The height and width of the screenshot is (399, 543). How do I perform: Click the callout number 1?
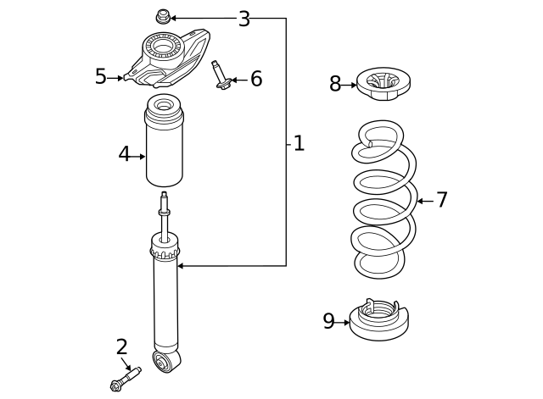[x=299, y=143]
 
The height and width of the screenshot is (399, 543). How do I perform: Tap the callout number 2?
[x=121, y=346]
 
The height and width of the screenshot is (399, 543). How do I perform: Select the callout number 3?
[x=244, y=19]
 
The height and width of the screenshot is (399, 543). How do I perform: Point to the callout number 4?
[x=124, y=155]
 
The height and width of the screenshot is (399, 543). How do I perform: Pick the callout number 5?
[x=100, y=77]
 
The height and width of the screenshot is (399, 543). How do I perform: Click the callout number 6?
[x=255, y=80]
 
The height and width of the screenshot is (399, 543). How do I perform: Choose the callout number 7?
[x=441, y=201]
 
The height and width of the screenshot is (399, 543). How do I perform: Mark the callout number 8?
[x=335, y=84]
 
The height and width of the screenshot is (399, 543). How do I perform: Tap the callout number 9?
[x=329, y=322]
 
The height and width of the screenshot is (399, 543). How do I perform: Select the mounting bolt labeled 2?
[x=124, y=379]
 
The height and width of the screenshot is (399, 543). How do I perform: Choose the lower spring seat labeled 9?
[x=379, y=321]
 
